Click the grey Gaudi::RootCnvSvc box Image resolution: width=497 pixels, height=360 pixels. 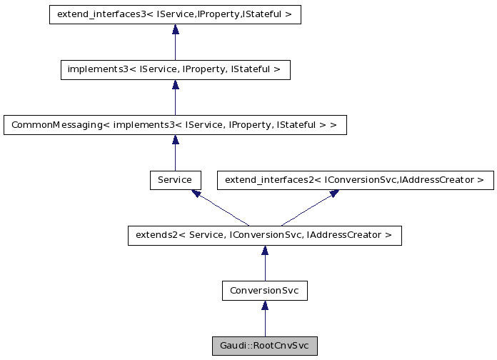(264, 346)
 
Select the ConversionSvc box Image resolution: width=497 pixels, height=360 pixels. (264, 291)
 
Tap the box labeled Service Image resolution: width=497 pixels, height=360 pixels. (175, 180)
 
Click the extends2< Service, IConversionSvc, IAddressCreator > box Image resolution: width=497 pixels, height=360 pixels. (264, 235)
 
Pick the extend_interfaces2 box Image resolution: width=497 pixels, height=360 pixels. (355, 180)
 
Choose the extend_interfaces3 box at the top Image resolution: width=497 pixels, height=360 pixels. (175, 14)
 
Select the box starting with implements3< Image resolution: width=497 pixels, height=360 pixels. (175, 69)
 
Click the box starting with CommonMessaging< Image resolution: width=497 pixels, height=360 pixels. (175, 124)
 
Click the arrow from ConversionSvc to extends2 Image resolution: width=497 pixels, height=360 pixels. (264, 264)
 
